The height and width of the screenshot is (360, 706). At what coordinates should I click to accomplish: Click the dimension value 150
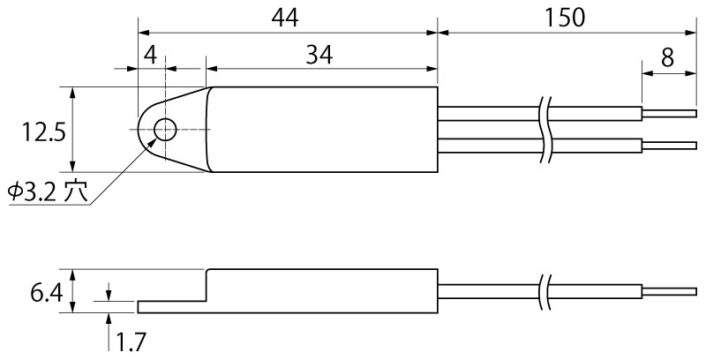pos(565,16)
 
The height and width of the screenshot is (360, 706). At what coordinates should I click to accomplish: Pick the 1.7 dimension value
pos(131,341)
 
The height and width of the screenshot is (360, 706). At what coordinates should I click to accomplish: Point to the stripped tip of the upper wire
pos(669,112)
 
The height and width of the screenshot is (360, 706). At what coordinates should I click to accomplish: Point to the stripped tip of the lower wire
pos(669,145)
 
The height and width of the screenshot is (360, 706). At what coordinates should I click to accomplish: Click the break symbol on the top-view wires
pos(545,129)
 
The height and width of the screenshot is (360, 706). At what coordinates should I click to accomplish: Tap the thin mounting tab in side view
pos(171,306)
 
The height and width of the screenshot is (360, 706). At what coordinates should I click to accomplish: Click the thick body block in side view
pos(322,289)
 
